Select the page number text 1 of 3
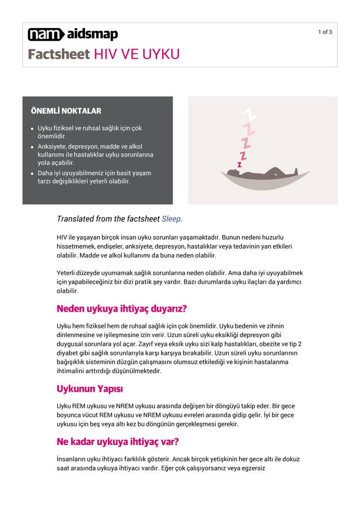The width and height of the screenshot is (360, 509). coord(325,32)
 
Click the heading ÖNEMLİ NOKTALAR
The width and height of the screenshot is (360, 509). coord(66,111)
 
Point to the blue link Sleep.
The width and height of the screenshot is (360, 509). coord(172,219)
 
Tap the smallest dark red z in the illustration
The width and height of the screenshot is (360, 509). coord(239,164)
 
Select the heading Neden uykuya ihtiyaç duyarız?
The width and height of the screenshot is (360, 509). coord(121,309)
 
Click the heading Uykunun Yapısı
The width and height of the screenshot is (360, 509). coord(92,388)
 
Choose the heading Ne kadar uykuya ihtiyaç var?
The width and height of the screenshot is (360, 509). coord(118,442)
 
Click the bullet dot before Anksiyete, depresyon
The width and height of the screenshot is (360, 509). coord(32,147)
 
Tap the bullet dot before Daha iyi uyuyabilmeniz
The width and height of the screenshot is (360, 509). coord(32,173)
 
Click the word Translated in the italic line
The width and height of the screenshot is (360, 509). coord(75,219)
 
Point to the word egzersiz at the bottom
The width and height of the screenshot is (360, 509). coord(252,469)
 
